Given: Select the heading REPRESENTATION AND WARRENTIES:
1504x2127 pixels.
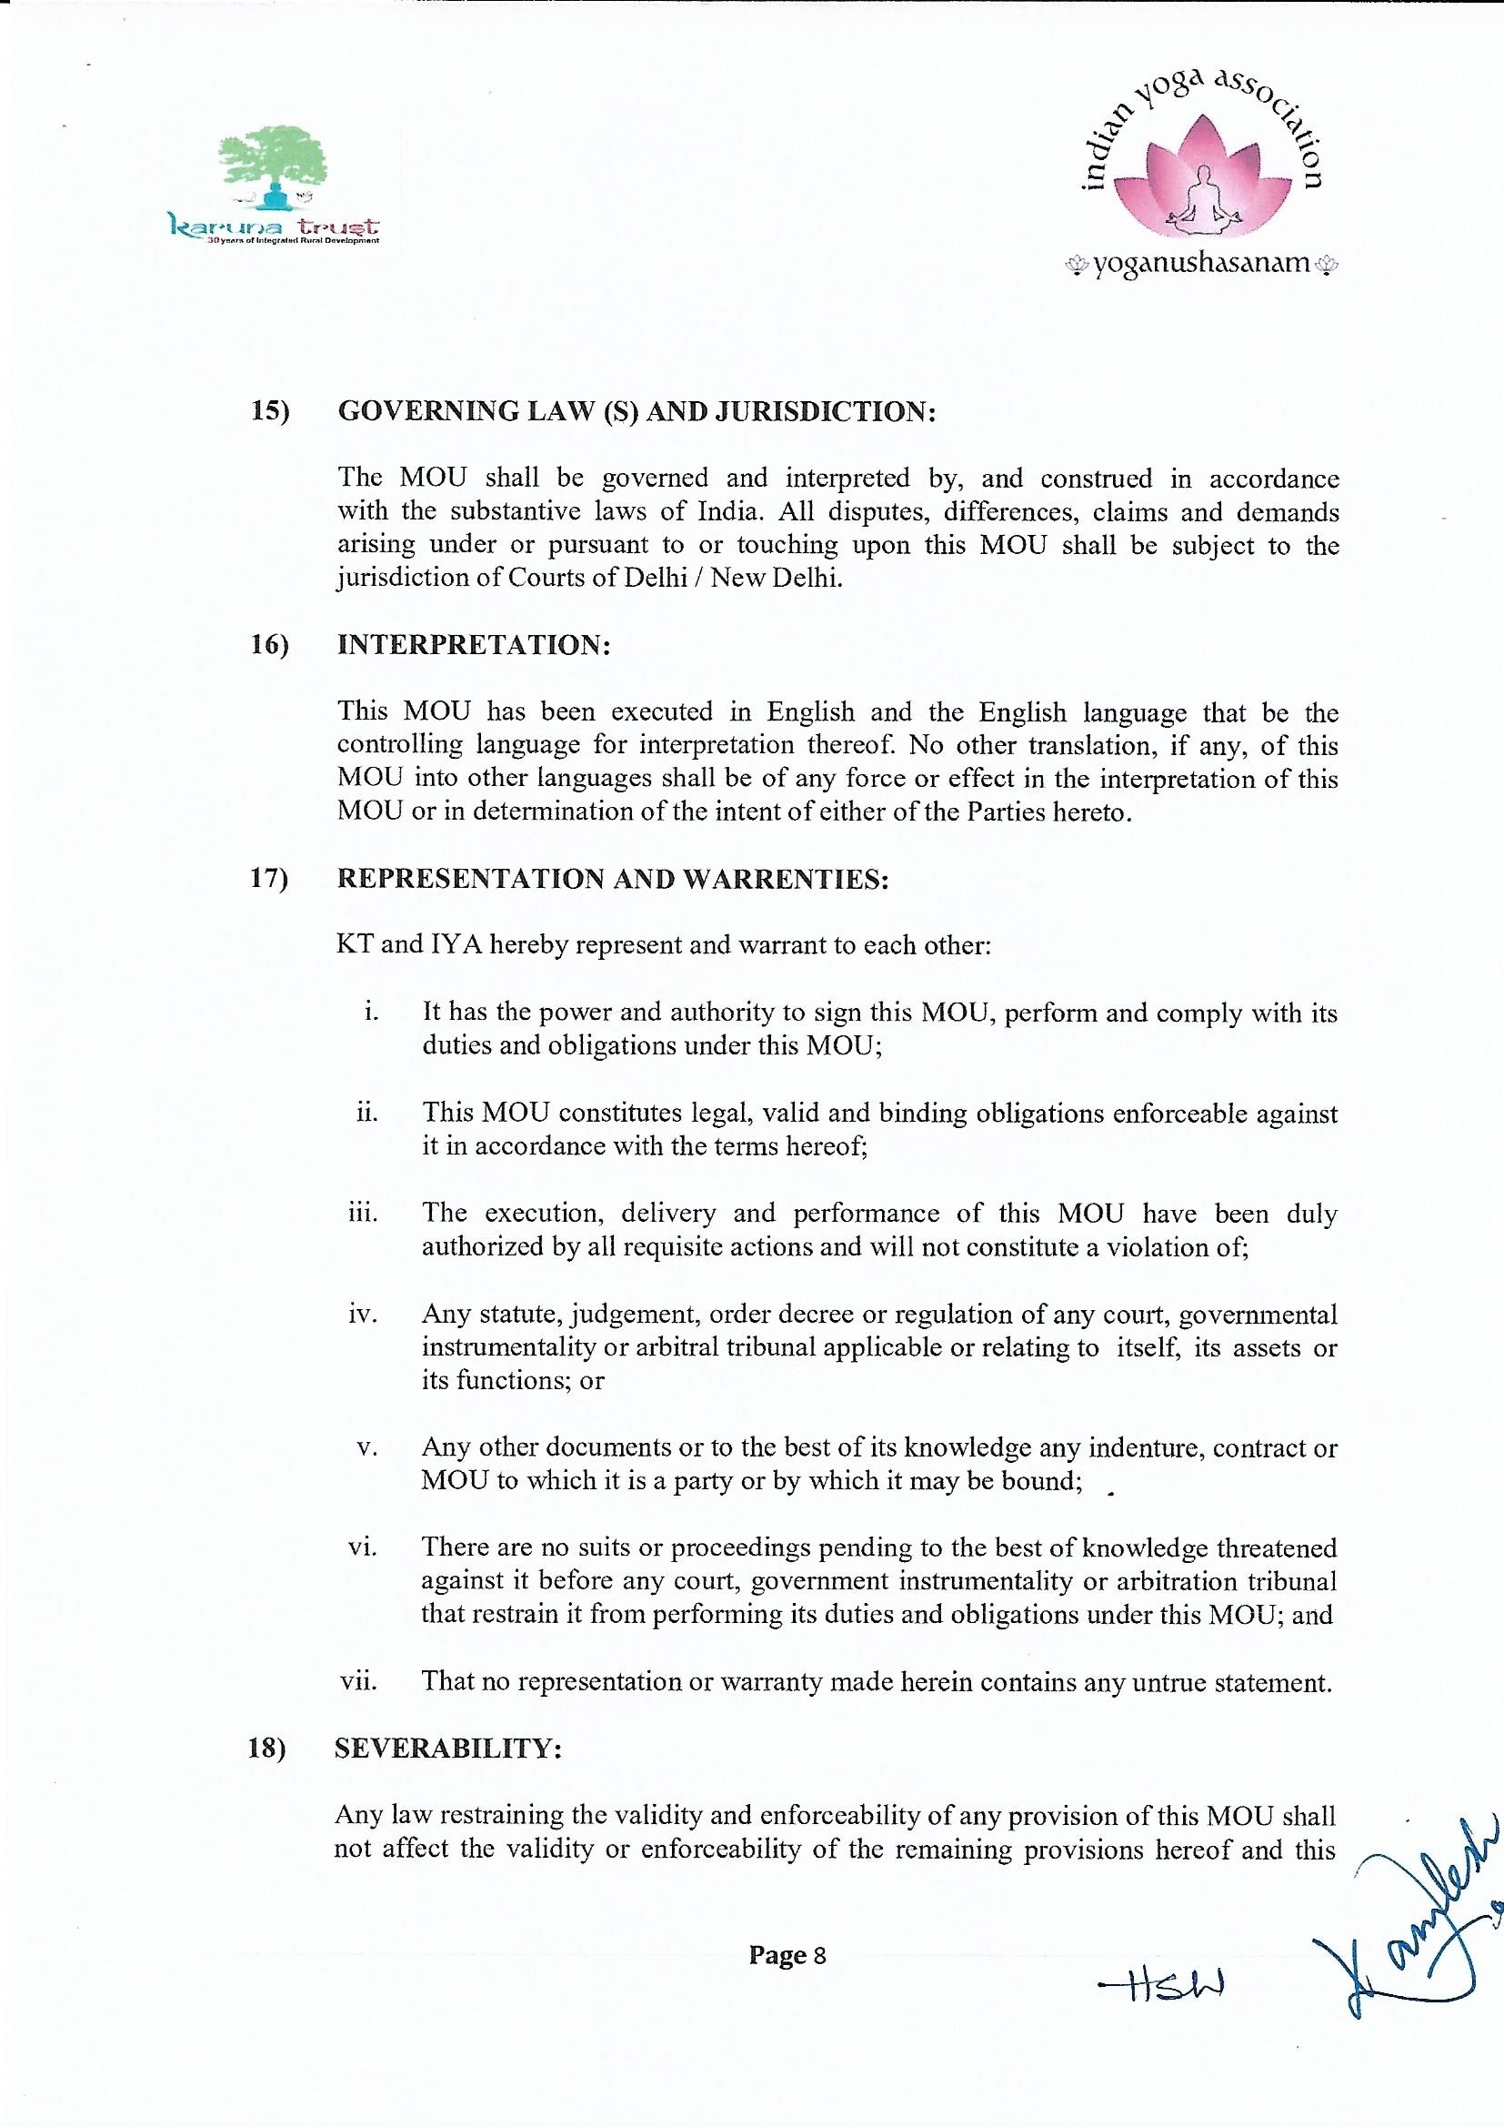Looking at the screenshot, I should [612, 878].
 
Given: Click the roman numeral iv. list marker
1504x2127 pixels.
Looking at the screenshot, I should [362, 1315].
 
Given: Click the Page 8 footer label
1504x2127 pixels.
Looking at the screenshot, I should [787, 1956].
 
